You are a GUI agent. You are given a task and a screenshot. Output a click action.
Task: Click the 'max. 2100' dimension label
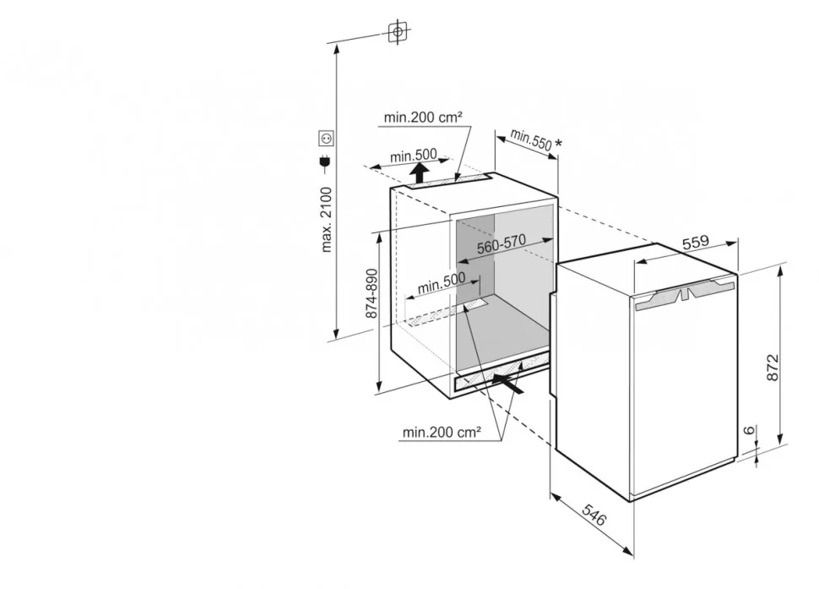(x=328, y=218)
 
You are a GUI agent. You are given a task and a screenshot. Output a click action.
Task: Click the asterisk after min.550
(x=558, y=145)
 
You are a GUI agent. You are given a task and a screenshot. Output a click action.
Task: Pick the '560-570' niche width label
(x=501, y=244)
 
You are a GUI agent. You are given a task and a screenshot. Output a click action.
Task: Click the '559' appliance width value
(x=695, y=242)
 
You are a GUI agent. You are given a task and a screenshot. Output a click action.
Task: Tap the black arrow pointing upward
(x=420, y=175)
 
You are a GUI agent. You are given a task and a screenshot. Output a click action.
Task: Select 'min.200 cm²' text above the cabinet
(x=423, y=118)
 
